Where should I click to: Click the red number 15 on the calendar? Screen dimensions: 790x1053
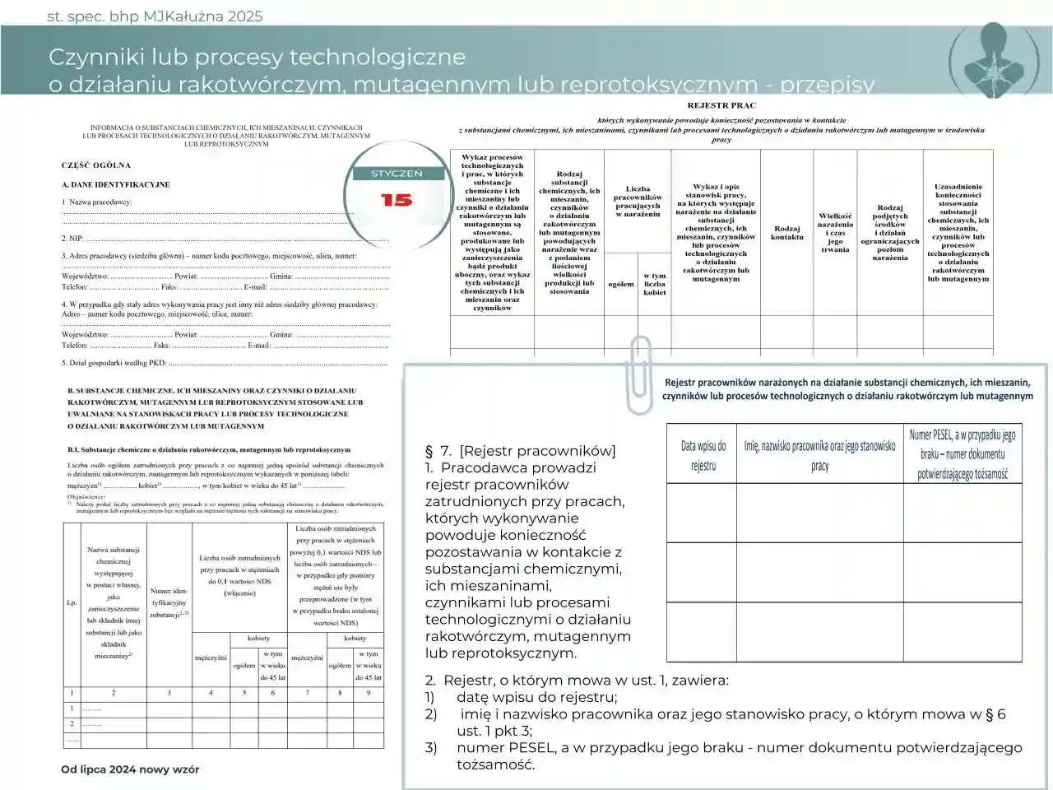click(x=397, y=200)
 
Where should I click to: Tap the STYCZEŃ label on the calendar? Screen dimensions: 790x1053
click(x=397, y=174)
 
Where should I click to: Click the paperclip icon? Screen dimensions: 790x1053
click(x=638, y=374)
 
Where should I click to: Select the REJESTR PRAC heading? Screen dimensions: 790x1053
click(x=721, y=105)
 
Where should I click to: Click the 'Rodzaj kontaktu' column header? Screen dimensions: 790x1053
click(x=786, y=233)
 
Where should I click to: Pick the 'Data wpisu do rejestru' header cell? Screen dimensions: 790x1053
click(x=703, y=455)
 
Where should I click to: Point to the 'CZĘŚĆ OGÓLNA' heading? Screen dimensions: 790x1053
click(x=95, y=165)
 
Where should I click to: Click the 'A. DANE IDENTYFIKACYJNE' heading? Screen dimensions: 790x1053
click(x=116, y=184)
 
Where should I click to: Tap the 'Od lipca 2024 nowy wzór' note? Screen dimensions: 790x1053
click(x=130, y=769)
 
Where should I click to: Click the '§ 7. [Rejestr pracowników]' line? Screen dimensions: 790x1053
click(x=520, y=450)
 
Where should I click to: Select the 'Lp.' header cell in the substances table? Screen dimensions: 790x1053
click(x=72, y=602)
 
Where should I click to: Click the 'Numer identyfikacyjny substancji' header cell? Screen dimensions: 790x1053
click(x=169, y=602)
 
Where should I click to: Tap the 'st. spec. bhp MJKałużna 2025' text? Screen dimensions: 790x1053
click(x=155, y=16)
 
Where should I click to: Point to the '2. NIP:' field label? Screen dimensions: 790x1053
click(x=72, y=238)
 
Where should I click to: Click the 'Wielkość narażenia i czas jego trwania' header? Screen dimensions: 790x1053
click(x=835, y=233)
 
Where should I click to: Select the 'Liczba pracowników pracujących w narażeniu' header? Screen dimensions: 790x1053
click(x=638, y=202)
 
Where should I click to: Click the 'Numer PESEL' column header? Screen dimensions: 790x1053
click(x=963, y=453)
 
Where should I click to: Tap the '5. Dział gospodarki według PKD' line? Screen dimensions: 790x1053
click(x=114, y=362)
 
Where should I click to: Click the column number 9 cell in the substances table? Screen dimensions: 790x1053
click(x=369, y=693)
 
